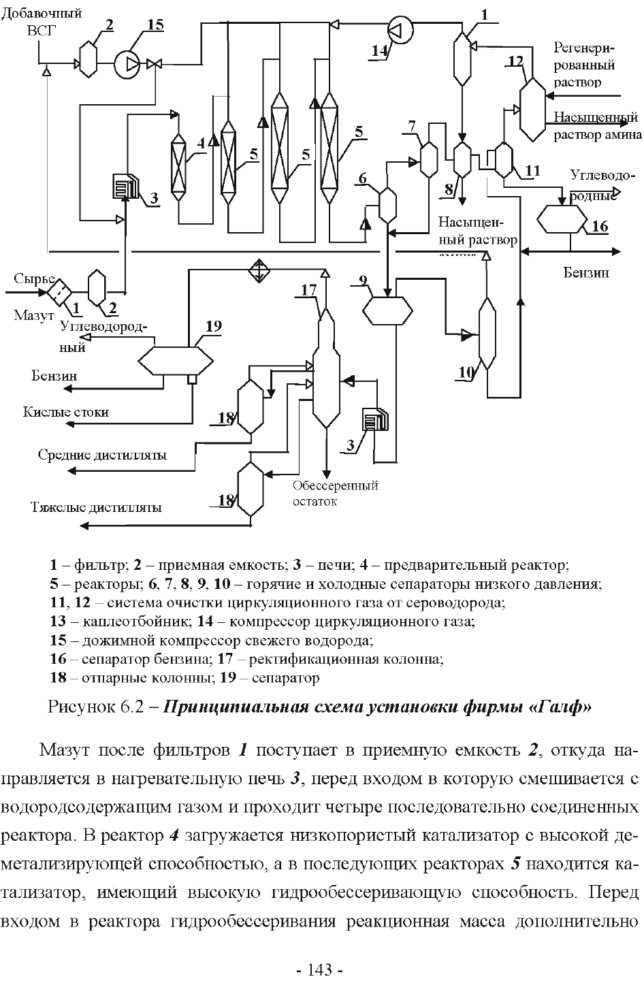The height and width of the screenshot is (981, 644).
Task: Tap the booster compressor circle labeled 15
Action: coord(127,65)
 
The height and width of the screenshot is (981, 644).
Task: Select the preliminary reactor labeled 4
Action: coord(178,166)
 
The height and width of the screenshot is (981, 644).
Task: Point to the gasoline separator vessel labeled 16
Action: coord(562,219)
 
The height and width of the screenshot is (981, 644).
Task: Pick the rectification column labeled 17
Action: coord(326,367)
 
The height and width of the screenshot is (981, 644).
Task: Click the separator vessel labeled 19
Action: coord(176,360)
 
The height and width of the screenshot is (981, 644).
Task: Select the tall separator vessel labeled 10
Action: coord(487,334)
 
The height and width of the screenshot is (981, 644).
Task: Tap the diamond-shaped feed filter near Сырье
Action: coord(60,291)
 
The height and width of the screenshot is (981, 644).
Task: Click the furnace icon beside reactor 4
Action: coord(126,186)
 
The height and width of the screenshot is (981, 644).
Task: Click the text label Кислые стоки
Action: coord(65,412)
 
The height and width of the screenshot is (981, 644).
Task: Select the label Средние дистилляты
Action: coord(102,455)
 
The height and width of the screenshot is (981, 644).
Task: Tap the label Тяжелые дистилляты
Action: coord(96,507)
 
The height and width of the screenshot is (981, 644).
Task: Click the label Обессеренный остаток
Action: coord(336,493)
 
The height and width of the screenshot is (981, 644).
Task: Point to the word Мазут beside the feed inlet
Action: coord(34,315)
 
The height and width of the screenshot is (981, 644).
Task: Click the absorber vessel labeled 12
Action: coord(533,109)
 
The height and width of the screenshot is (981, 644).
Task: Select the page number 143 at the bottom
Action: coord(320,969)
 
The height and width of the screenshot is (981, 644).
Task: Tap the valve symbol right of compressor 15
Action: coord(154,65)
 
